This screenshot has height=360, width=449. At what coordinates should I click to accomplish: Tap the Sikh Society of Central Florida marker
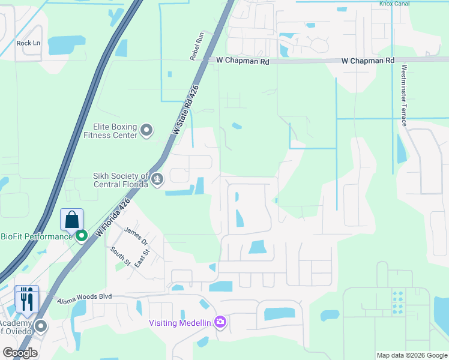pos(157,179)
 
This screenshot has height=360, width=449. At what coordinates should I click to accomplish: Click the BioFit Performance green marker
pos(82,236)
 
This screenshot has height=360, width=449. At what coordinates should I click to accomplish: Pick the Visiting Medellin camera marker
pos(220,323)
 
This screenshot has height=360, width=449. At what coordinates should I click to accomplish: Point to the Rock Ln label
pos(28,43)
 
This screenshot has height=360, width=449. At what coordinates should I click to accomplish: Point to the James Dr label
pos(136,235)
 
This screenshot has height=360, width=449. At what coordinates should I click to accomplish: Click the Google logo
pos(19,353)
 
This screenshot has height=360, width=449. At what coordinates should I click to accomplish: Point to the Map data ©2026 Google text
pos(411,355)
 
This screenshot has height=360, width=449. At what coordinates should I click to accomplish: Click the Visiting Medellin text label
pos(180,323)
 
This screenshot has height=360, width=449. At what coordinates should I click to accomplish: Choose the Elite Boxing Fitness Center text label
pos(115,131)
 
